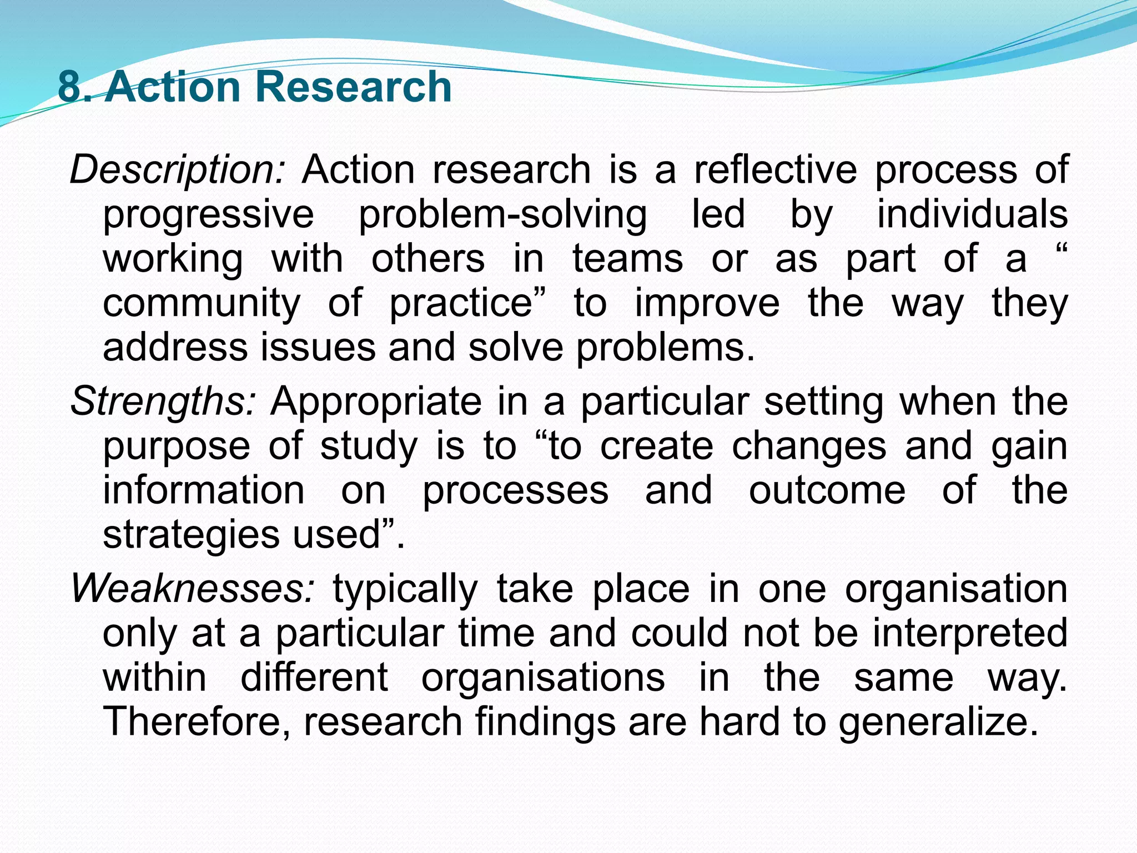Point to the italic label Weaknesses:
pos(193,589)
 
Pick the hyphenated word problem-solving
pos(502,214)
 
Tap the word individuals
pos(972,213)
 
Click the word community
pos(202,303)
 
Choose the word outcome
pos(827,490)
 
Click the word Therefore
pos(197,722)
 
